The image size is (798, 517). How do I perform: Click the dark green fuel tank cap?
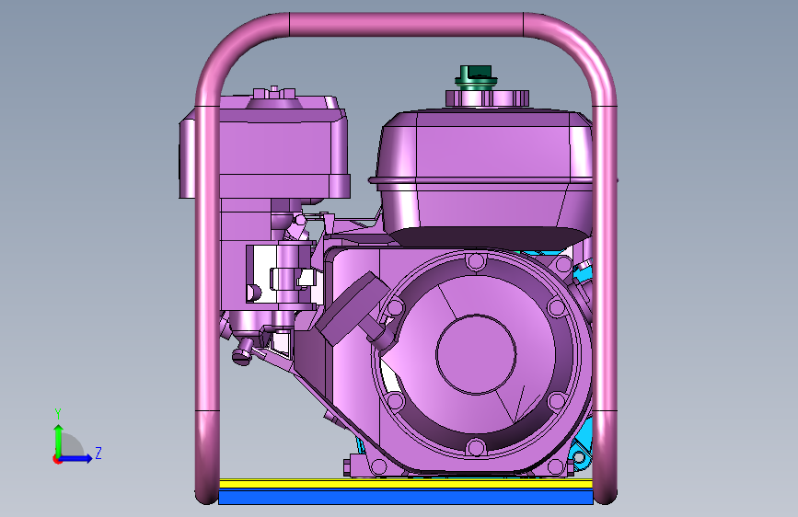pos(476,78)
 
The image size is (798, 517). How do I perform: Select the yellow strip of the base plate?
pos(406,483)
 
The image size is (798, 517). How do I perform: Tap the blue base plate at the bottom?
pos(406,497)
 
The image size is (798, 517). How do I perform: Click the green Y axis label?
pos(58,414)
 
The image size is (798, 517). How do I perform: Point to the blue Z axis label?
pos(98,453)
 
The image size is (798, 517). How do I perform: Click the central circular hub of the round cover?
pos(477,354)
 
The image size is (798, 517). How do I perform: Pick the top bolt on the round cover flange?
pos(476,262)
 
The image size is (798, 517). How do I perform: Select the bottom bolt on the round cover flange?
pos(476,448)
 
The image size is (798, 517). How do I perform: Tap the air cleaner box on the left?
pos(279,147)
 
